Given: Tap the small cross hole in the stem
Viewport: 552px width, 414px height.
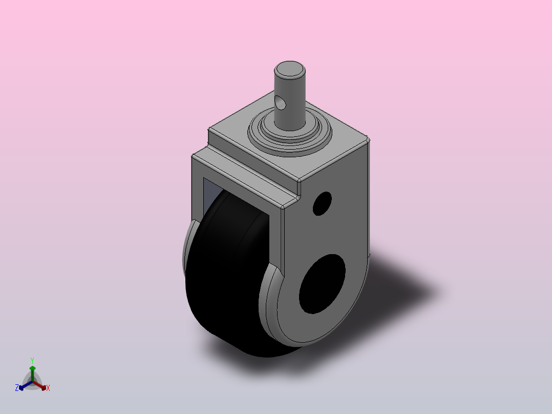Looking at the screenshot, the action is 281,102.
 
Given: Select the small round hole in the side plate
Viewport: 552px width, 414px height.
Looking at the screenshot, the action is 322,203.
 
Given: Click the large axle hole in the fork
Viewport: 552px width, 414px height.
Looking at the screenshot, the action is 322,284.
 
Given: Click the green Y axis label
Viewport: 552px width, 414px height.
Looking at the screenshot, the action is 32,361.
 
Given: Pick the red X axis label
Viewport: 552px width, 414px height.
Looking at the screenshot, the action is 48,388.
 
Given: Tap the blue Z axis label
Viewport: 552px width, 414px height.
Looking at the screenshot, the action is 17,388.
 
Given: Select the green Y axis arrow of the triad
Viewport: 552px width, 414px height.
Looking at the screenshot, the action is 32,374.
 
